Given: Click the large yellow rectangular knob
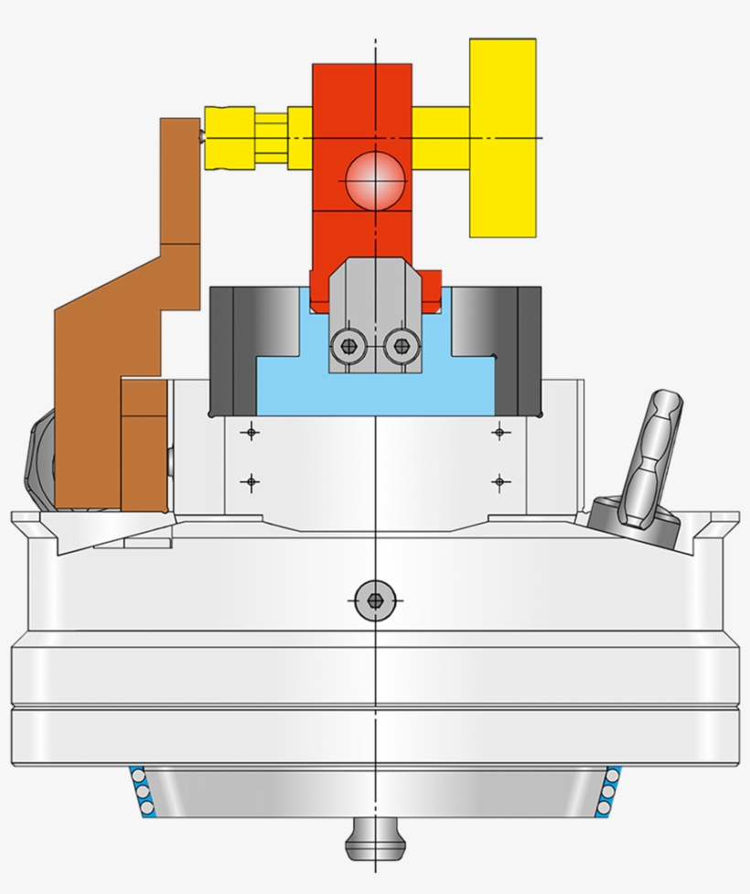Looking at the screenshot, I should tap(502, 137).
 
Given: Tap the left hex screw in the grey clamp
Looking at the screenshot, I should tap(348, 346).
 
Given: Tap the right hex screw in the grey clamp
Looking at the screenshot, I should tap(399, 346).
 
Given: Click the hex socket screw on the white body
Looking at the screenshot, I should tap(374, 600).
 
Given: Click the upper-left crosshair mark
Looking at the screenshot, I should tap(249, 432).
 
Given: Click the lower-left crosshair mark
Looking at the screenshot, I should tap(249, 479).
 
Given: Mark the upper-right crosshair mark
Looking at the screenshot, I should tap(499, 432).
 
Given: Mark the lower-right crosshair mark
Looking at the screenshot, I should tap(499, 479).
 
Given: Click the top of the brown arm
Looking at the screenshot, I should tap(180, 122).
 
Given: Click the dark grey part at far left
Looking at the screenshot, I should tap(37, 458).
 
